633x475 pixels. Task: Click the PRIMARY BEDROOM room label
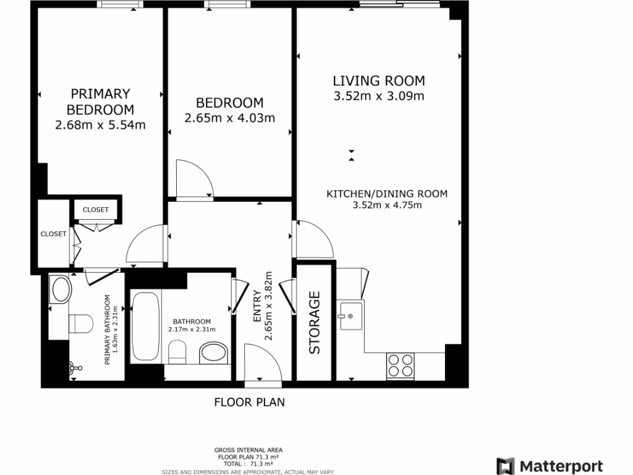[x=100, y=102]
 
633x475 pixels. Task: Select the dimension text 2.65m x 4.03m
[x=229, y=118]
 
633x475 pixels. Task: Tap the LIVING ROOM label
[x=379, y=80]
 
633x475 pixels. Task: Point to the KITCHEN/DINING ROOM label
[x=386, y=194]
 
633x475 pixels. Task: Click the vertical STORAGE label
[x=315, y=322]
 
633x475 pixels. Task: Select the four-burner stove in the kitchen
[x=400, y=365]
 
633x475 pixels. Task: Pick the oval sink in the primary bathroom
[x=61, y=289]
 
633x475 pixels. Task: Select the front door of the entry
[x=262, y=365]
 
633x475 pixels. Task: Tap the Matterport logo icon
[x=506, y=466]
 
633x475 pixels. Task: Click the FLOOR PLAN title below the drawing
[x=249, y=403]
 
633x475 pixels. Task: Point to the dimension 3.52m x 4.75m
[x=386, y=205]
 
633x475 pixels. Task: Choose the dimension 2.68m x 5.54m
[x=100, y=126]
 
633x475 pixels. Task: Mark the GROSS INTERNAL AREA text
[x=249, y=450]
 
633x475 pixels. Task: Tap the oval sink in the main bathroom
[x=214, y=354]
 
